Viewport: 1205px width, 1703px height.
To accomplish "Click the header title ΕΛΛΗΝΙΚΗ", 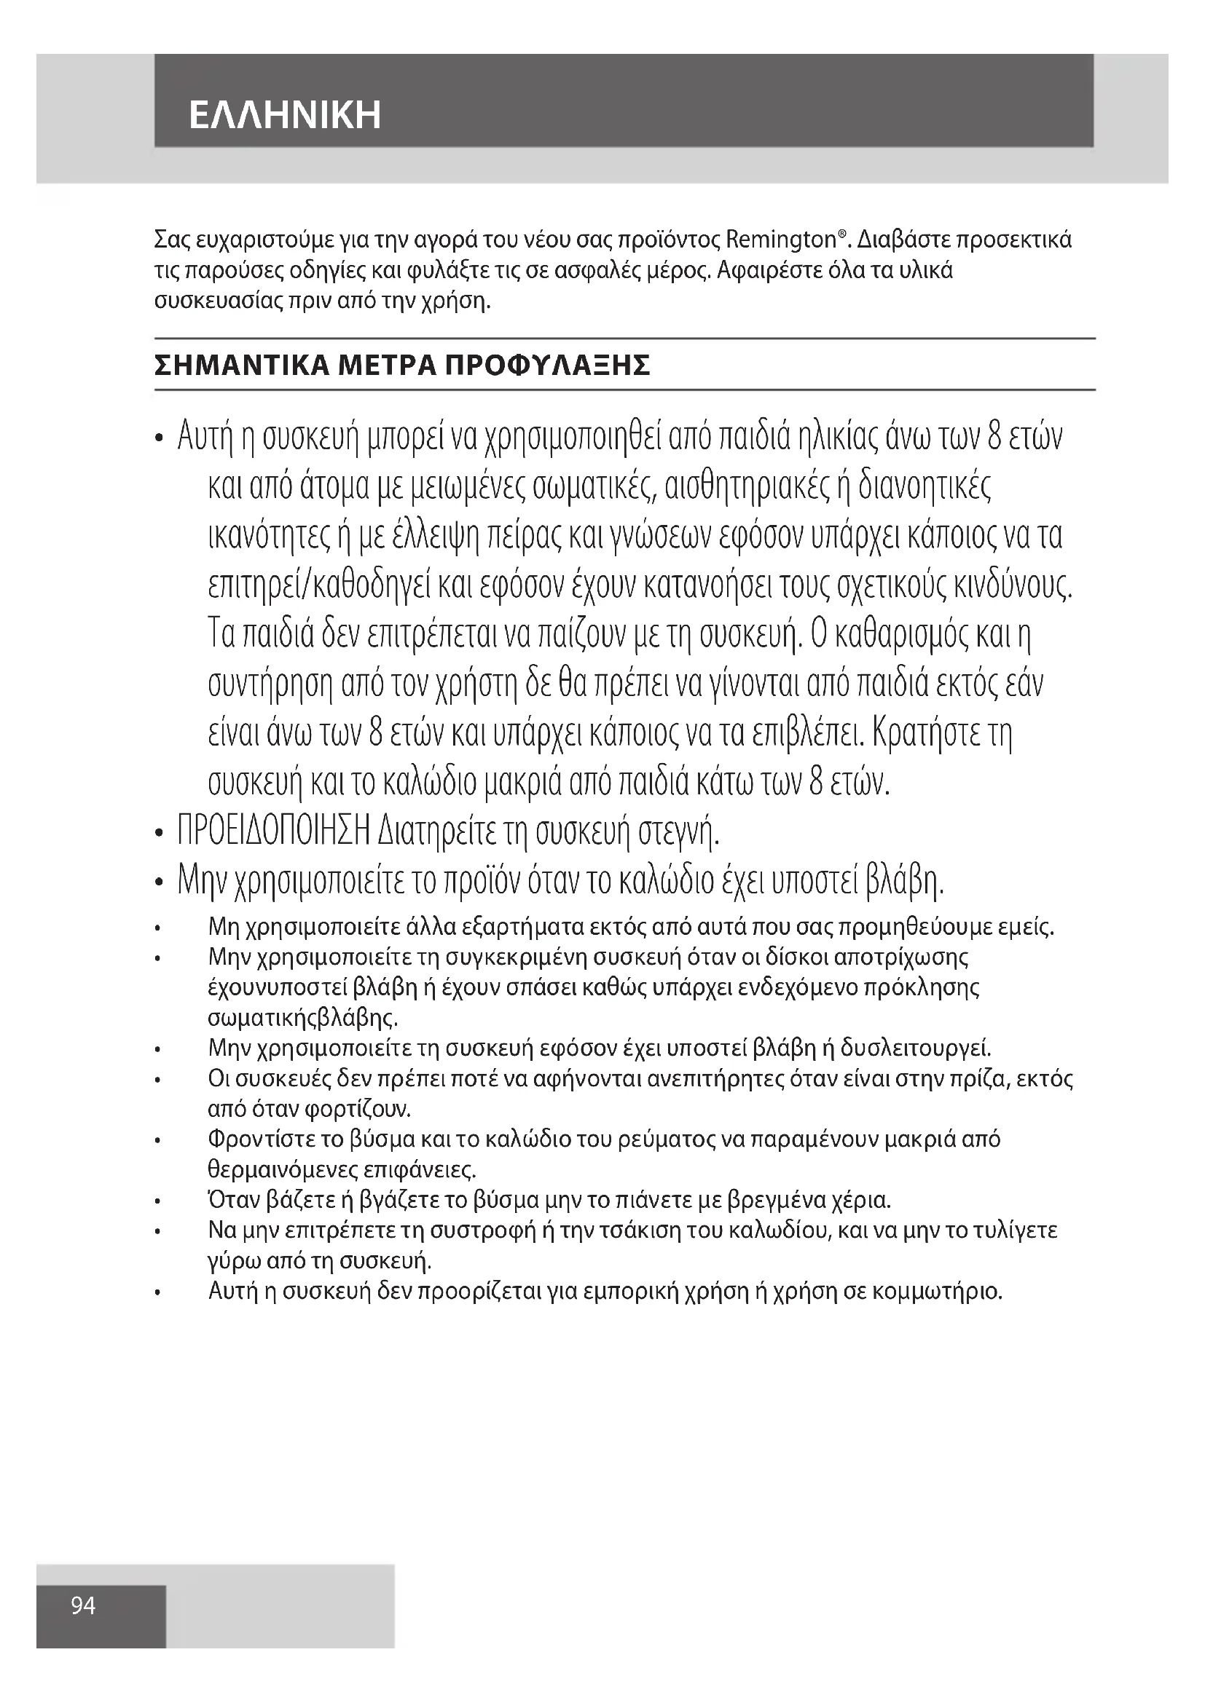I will tap(285, 115).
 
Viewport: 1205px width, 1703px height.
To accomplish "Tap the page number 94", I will tap(83, 1606).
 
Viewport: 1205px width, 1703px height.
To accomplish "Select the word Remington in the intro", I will tap(780, 240).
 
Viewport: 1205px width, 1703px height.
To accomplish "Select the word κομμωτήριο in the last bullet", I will tap(937, 1292).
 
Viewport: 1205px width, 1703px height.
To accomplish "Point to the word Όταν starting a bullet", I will tap(232, 1199).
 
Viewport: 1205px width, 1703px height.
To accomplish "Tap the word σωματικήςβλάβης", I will tap(303, 1018).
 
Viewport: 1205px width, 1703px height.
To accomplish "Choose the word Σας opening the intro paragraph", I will tap(170, 240).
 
